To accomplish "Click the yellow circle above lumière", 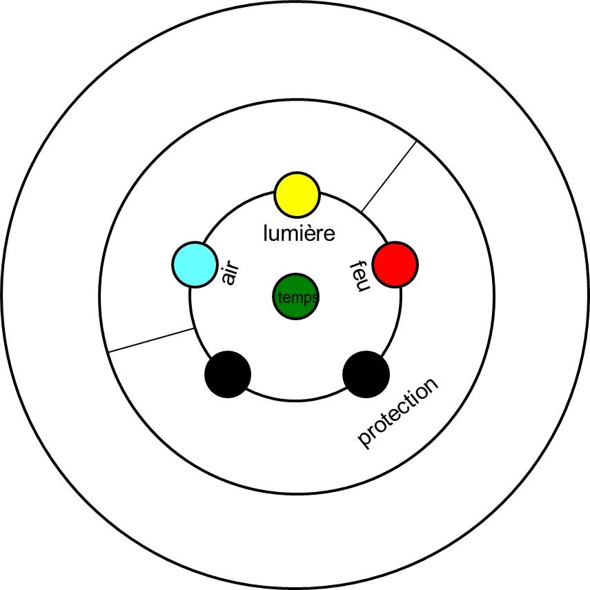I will [x=297, y=194].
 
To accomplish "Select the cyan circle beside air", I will [x=194, y=264].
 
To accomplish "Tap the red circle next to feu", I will [x=395, y=264].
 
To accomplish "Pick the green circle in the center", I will [x=295, y=297].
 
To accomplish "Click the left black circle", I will [x=228, y=374].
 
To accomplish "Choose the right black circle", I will [x=366, y=374].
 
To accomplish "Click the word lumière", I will [x=299, y=233].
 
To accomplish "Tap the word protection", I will [x=398, y=413].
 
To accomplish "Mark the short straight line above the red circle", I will [x=389, y=175].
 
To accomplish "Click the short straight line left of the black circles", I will [x=150, y=340].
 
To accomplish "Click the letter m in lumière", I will [x=290, y=234].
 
